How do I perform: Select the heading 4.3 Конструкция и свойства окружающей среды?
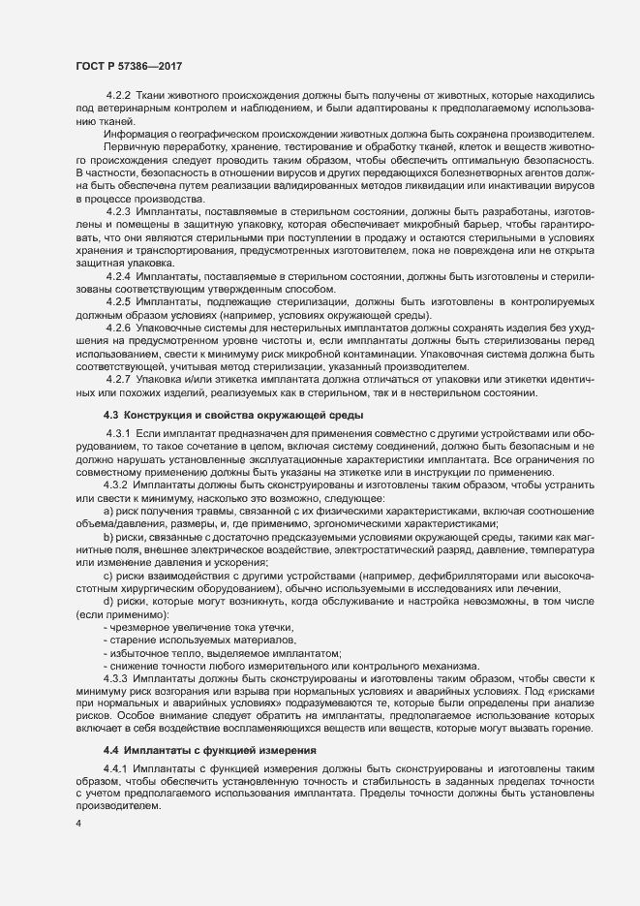(x=214, y=415)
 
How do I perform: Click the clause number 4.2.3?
(x=118, y=210)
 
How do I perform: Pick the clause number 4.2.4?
(x=118, y=277)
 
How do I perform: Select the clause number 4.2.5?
(x=118, y=302)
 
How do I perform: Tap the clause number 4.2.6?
(x=118, y=328)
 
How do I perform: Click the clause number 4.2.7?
(x=118, y=378)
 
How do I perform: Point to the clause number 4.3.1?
(x=118, y=431)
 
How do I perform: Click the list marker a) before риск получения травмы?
(x=108, y=509)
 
